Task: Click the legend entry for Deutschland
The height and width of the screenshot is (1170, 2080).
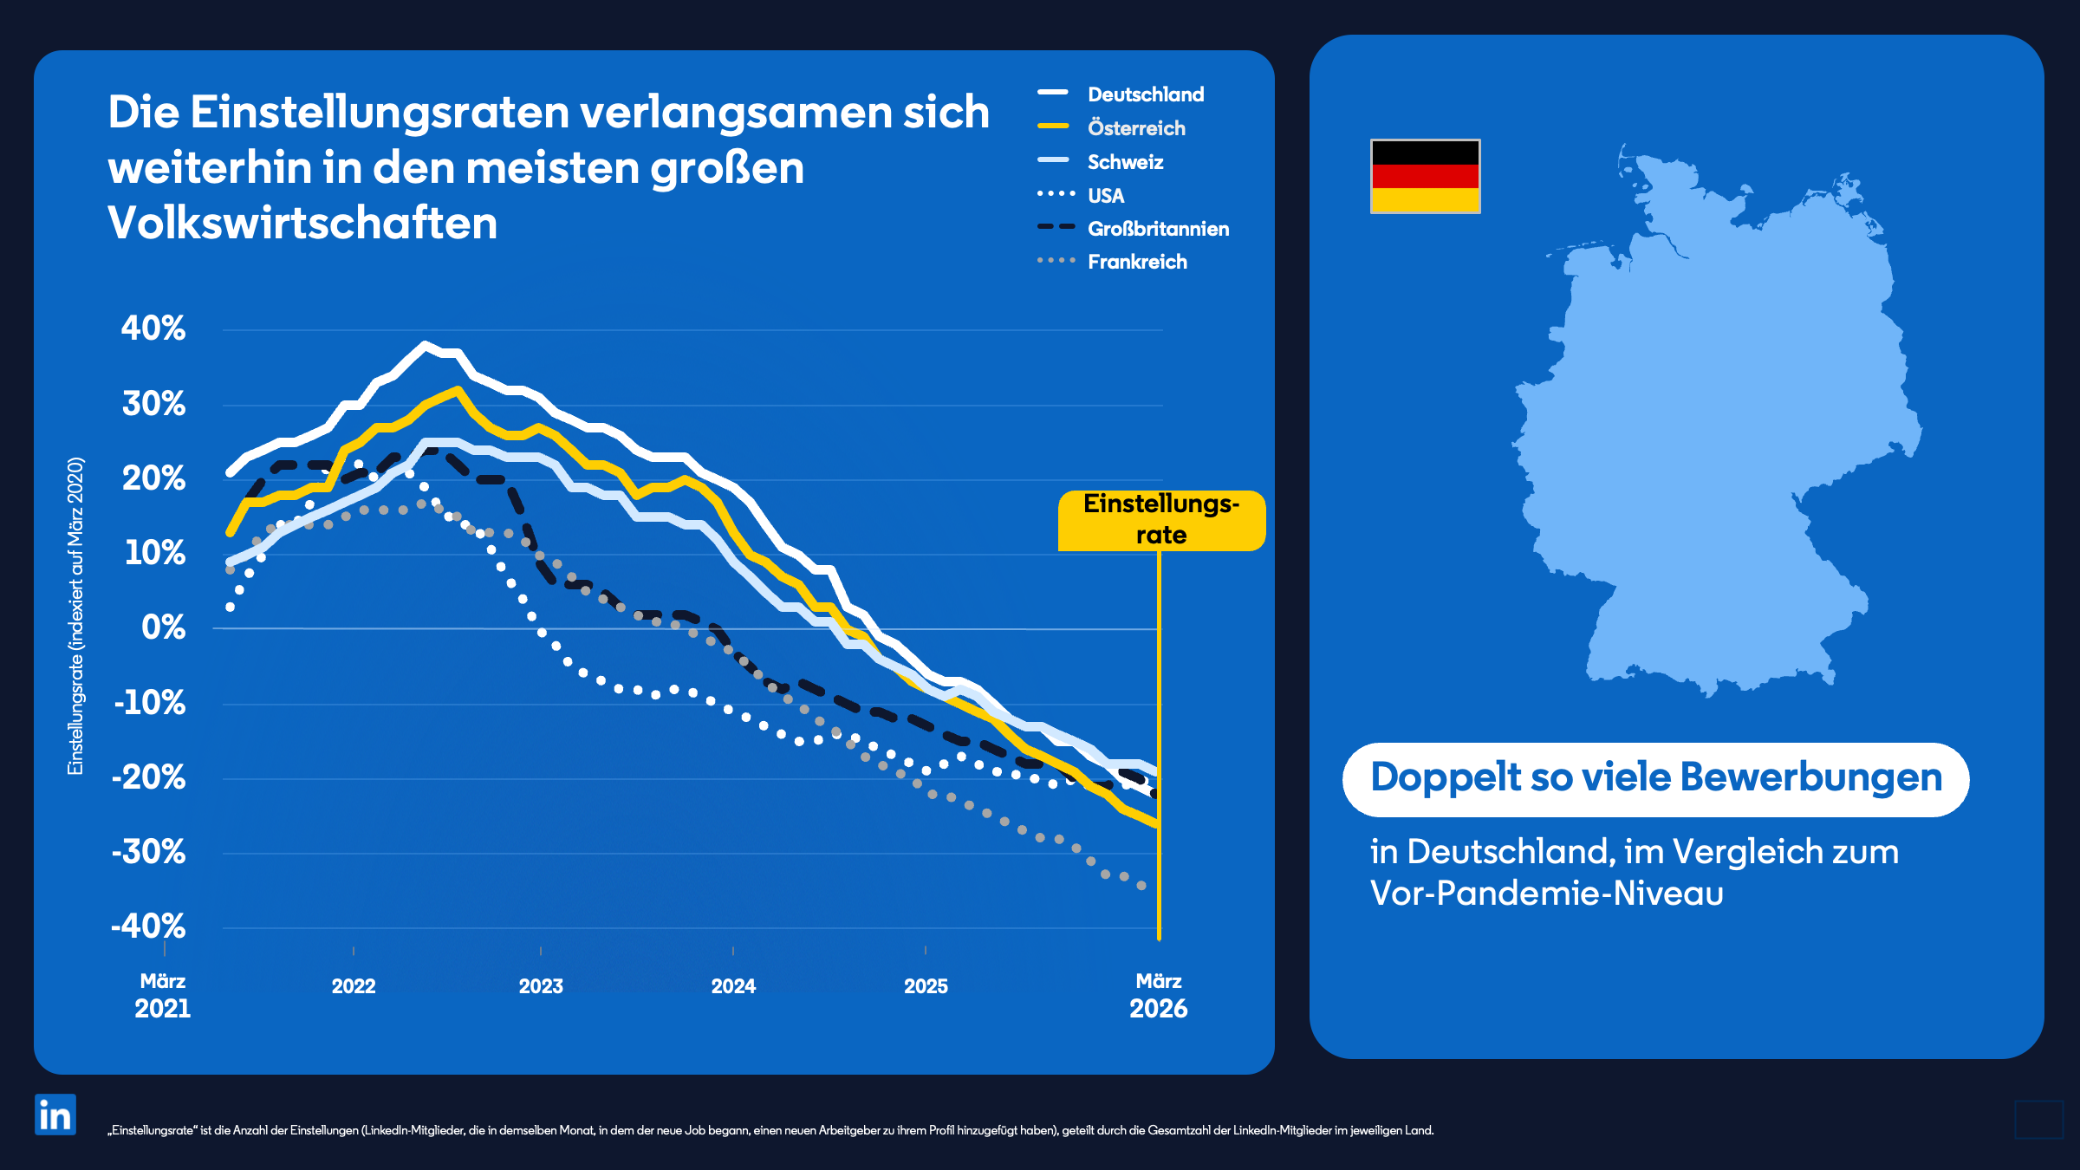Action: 1145,94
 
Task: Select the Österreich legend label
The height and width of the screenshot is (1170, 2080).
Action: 1135,128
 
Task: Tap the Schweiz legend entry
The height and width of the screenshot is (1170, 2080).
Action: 1125,162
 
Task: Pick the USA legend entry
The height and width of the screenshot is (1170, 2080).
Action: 1105,196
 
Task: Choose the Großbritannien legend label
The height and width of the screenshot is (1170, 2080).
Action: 1158,229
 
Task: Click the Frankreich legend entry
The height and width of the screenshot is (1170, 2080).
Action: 1136,262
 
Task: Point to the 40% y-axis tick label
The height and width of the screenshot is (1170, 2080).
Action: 153,328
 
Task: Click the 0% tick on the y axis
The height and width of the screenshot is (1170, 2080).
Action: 163,627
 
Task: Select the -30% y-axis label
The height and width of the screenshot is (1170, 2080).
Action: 149,852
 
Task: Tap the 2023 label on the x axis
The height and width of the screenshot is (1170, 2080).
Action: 541,986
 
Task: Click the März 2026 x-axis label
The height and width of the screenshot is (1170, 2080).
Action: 1158,996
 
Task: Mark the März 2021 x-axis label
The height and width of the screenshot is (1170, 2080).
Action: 163,996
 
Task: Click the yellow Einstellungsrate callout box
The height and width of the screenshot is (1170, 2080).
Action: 1160,520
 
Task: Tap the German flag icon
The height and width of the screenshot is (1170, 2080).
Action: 1425,176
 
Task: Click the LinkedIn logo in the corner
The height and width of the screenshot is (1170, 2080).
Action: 55,1115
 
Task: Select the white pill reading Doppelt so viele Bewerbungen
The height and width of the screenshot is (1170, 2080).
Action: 1655,778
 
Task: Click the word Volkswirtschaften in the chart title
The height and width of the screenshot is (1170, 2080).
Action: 302,223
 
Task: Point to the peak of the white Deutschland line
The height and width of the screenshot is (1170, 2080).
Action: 424,345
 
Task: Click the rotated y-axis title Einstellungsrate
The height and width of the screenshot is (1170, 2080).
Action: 76,615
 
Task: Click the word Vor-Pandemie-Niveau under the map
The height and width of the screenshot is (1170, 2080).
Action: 1546,894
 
